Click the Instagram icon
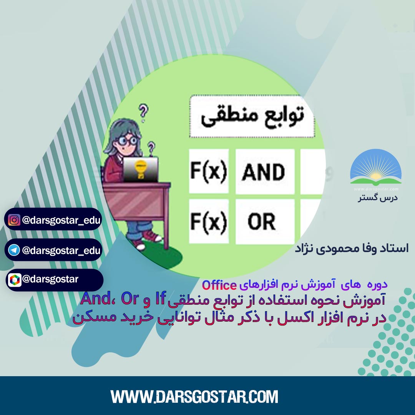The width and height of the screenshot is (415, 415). tap(14, 220)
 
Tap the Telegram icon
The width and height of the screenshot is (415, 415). tap(14, 250)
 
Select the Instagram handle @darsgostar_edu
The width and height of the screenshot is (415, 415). tap(61, 220)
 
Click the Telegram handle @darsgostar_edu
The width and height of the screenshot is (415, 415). tap(61, 251)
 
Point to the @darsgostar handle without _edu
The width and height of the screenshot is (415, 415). tap(50, 279)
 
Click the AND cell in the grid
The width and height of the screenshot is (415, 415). tap(265, 171)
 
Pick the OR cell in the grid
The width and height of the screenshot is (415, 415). tap(265, 221)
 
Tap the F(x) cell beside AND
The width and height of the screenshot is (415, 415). tap(209, 171)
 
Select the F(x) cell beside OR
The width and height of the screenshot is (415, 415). tap(209, 221)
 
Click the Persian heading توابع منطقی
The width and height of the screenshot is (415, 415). tap(252, 116)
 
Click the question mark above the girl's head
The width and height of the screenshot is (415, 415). tap(143, 113)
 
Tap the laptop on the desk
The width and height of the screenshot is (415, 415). tap(141, 169)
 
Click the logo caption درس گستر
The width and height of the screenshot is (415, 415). tap(378, 198)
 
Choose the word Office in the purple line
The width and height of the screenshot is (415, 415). tap(219, 285)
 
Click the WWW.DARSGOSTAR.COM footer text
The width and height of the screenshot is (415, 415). tap(194, 397)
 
